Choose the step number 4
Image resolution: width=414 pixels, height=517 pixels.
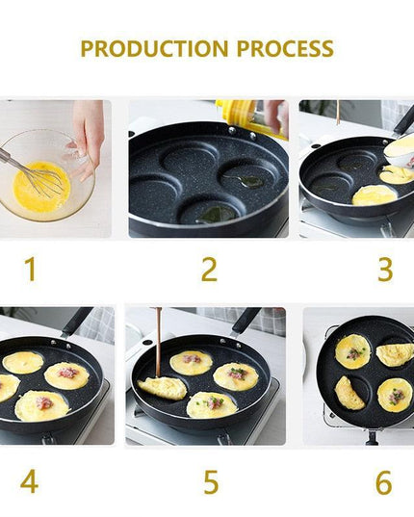[x=30, y=480]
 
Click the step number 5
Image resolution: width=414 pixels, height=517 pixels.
[x=210, y=480]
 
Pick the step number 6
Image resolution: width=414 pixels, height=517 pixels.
[x=383, y=481]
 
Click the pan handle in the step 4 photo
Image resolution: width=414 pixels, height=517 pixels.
[x=78, y=321]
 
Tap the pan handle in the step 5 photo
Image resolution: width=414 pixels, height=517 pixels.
[x=246, y=320]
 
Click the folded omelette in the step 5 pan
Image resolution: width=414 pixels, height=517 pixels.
[x=163, y=388]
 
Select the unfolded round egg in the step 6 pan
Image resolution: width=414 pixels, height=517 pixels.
[x=352, y=351]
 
